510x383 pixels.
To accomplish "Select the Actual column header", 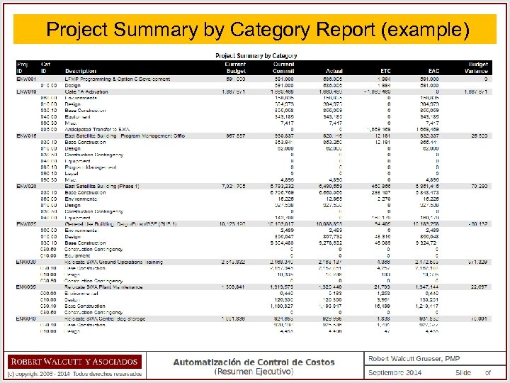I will point(334,71).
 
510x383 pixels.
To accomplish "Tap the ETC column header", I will point(386,71).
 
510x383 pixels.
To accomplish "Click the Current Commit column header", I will point(283,67).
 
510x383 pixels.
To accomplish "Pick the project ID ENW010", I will point(26,91).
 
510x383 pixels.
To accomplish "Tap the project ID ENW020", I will point(26,186).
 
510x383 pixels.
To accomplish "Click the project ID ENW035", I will point(26,287).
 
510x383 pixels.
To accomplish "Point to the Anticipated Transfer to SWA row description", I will point(103,128).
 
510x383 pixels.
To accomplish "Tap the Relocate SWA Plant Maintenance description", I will point(106,287).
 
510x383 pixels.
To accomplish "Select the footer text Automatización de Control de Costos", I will point(254,362).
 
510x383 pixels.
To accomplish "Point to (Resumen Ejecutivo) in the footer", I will point(254,372).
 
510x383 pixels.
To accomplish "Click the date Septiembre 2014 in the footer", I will point(395,373).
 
